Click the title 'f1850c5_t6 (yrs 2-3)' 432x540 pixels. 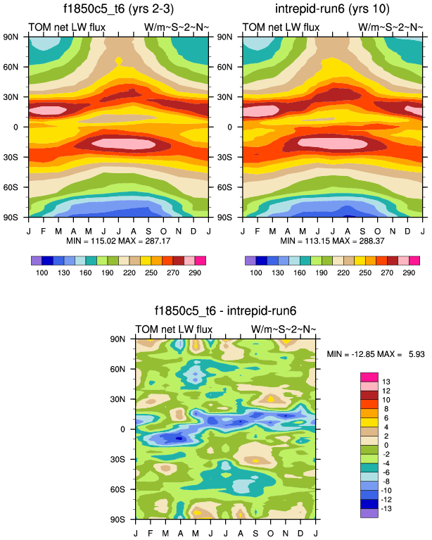tap(117, 10)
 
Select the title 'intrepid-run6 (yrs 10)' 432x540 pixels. tap(332, 10)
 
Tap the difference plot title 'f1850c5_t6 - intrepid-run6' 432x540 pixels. tap(225, 310)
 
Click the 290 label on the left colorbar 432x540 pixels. tap(196, 272)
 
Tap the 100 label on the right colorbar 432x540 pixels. tap(254, 272)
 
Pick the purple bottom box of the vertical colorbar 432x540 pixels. tap(369, 513)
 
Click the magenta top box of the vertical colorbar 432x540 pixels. tap(369, 376)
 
